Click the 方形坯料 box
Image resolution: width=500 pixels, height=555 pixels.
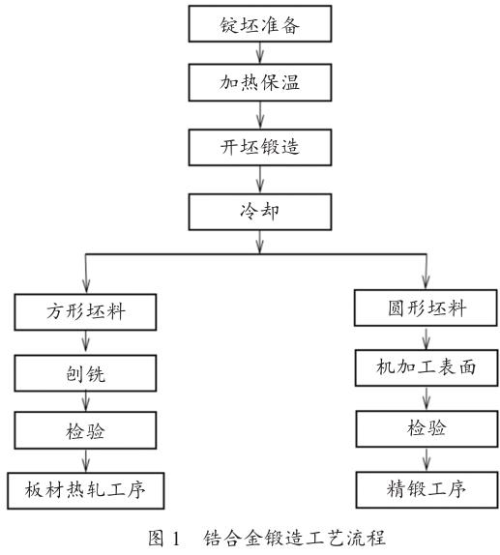[87, 311]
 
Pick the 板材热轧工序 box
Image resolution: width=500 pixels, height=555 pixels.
[87, 488]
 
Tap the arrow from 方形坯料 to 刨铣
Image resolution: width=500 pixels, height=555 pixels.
[87, 340]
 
